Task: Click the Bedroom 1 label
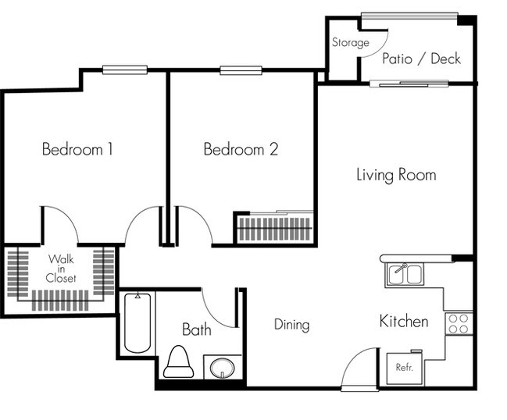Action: point(77,149)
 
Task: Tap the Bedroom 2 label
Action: point(241,149)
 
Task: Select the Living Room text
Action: point(396,174)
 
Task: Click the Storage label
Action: point(351,43)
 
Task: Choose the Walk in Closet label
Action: point(60,268)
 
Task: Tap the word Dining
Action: point(291,325)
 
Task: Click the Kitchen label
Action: point(403,321)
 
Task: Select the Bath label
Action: point(197,329)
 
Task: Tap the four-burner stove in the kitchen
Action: point(459,323)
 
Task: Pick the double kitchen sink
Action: point(404,275)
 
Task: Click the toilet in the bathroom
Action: point(178,363)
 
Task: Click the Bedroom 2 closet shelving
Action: point(274,230)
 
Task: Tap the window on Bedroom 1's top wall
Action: point(125,70)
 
